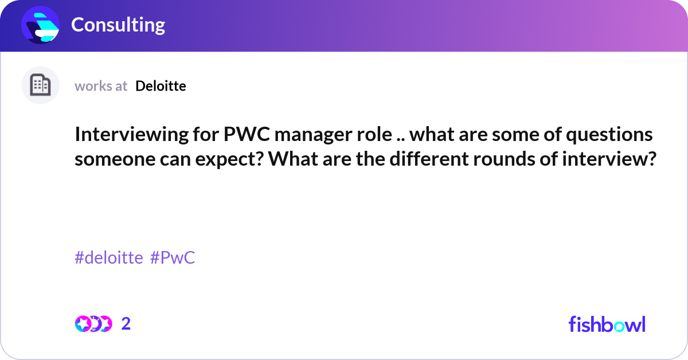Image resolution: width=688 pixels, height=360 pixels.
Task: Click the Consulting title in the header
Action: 118,25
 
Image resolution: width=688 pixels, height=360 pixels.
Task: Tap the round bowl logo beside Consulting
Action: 40,25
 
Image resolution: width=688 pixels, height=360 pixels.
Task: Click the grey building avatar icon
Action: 40,85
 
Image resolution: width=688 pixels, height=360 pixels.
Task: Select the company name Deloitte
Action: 161,86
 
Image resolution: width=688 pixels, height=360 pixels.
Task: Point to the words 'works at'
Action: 101,86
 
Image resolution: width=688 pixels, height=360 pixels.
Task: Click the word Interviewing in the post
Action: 131,135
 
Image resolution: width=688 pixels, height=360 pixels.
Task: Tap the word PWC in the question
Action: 247,134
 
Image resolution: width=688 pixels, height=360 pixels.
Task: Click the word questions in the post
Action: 609,135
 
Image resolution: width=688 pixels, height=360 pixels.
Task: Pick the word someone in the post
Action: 115,159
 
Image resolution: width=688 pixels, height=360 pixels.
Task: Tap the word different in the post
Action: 429,158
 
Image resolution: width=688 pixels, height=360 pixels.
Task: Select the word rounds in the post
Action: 504,159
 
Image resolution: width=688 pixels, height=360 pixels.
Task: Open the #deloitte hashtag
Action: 109,257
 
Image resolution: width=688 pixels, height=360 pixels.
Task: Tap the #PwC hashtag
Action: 173,257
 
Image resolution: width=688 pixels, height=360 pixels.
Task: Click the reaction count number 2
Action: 126,324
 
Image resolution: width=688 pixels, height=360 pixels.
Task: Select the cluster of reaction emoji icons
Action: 93,324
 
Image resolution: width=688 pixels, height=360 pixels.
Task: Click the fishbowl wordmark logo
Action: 607,324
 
